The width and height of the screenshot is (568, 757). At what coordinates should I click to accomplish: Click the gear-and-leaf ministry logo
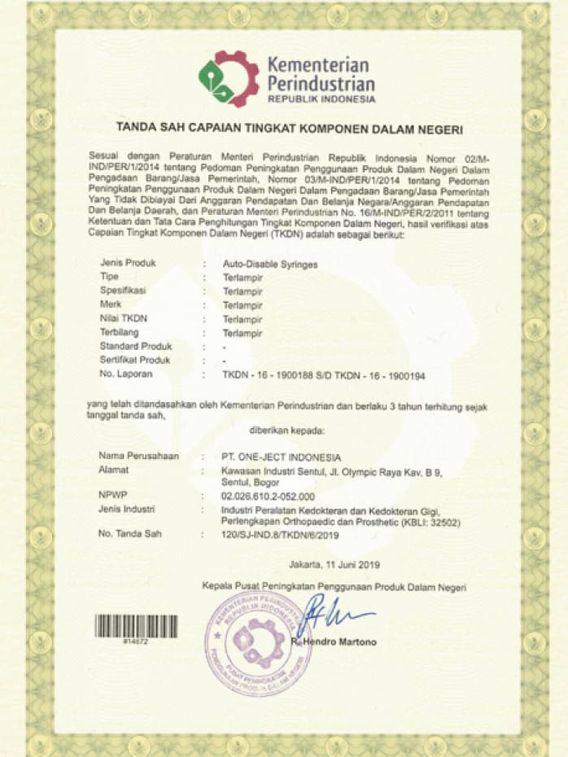229,79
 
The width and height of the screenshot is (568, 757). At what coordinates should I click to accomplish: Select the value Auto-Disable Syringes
270,264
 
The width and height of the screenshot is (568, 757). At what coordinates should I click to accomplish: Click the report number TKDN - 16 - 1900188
273,374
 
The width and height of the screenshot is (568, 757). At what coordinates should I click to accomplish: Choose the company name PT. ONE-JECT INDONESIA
282,456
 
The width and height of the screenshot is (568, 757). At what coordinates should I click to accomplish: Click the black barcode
136,625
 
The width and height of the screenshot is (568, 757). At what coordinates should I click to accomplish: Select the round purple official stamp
259,645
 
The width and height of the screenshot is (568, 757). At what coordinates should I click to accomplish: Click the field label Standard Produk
131,347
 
